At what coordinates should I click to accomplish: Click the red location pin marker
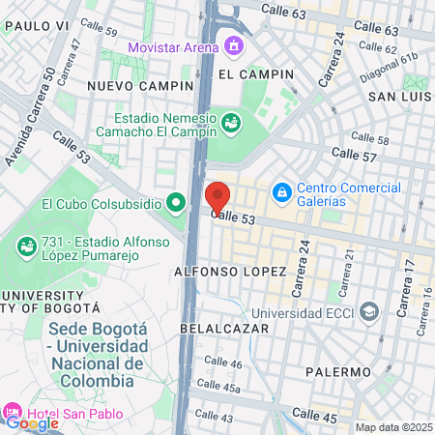pos(217,197)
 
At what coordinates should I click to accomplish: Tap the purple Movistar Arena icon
pos(233,44)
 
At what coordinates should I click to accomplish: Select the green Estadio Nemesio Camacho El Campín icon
pos(230,123)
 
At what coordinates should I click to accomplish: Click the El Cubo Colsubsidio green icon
pos(175,203)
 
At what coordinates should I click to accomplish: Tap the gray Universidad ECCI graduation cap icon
pos(368,312)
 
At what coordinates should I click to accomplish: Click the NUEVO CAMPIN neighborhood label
pos(141,86)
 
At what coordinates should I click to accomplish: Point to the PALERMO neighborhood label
pos(337,371)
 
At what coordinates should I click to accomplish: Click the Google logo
pos(32,421)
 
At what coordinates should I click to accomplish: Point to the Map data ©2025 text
pos(393,427)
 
